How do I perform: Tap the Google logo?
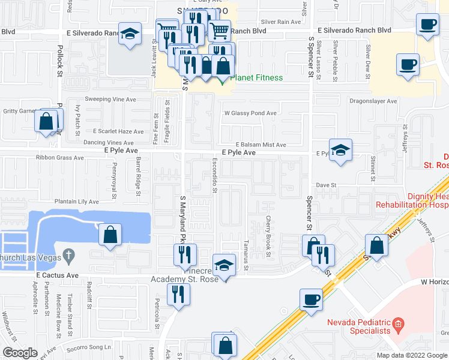[x=19, y=353]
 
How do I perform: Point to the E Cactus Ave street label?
[x=57, y=275]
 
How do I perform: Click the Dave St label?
[x=325, y=186]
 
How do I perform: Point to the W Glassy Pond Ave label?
[x=250, y=113]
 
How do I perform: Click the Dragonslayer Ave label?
[x=373, y=101]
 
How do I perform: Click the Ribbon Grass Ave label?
[x=59, y=158]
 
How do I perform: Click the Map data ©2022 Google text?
[x=412, y=355]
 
